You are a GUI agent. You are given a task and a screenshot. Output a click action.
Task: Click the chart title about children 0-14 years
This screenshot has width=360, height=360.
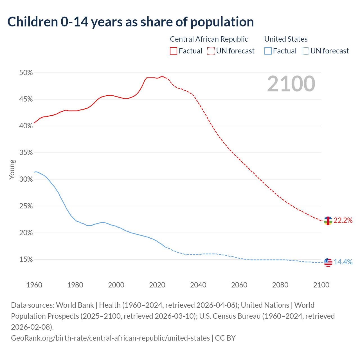point(130,22)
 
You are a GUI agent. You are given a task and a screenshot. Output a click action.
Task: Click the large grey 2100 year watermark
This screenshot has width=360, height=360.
point(291,84)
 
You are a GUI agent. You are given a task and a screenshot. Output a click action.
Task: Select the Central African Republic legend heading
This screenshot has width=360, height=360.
point(209,39)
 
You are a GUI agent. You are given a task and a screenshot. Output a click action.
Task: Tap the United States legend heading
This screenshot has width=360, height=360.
point(286,39)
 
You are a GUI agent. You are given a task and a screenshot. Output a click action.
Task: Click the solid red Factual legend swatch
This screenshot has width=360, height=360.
point(174,51)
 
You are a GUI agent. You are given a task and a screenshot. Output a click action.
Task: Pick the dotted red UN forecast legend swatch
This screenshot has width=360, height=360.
point(211,51)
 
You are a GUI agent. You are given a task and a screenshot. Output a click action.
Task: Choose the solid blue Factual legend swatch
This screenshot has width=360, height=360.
point(268,51)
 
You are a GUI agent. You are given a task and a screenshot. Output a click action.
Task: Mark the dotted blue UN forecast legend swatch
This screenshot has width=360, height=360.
point(305,51)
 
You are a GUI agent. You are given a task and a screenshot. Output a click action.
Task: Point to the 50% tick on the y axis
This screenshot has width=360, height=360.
point(26,73)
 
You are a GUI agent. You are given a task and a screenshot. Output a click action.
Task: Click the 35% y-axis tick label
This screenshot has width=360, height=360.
point(26,153)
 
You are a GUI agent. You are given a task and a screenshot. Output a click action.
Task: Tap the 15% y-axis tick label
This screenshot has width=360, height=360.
point(26,260)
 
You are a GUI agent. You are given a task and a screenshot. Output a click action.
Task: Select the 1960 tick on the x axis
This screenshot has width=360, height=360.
point(34,285)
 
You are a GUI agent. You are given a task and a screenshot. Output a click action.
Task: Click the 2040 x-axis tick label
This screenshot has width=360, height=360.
point(198,285)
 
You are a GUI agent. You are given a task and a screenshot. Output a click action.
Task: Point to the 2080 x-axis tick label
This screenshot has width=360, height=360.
point(280,285)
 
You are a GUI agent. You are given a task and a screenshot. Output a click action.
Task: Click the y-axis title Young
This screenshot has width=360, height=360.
point(12,169)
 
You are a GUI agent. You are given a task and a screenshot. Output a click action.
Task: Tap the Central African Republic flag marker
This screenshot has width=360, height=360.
point(328,221)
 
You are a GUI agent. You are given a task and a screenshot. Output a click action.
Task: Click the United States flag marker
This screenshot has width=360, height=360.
point(328,262)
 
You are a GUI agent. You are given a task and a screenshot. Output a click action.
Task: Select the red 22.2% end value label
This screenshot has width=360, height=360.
point(343,220)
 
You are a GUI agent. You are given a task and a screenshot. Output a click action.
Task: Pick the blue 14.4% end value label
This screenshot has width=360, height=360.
point(343,262)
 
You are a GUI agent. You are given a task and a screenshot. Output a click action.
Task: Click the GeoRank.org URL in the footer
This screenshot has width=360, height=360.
point(110,338)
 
